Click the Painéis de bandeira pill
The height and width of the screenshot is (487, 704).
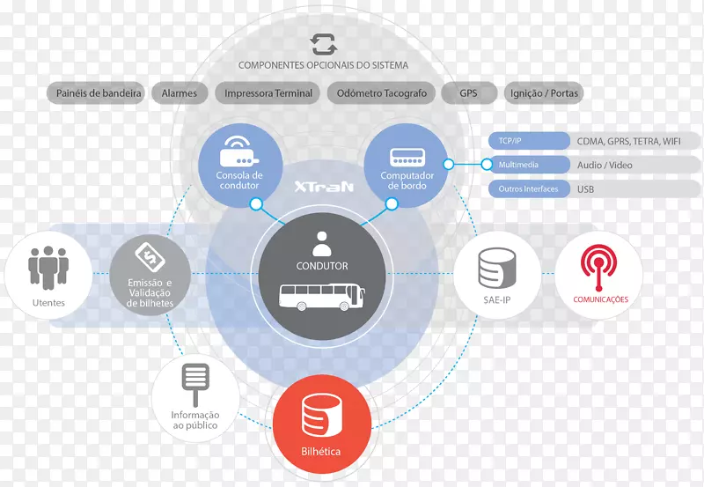pos(99,93)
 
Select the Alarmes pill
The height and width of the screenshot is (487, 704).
pos(179,93)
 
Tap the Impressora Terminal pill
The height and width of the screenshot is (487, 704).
pos(268,93)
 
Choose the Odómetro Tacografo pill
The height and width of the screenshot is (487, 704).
pos(383,93)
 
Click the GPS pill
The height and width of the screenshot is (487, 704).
pos(468,93)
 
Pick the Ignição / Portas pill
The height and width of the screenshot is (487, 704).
pos(545,93)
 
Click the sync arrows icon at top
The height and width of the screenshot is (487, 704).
pos(323,44)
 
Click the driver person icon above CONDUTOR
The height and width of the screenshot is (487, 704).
pos(322,241)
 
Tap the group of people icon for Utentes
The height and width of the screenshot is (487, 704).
pos(48,265)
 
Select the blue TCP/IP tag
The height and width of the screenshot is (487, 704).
pos(528,141)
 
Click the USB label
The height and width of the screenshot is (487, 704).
pos(586,189)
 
